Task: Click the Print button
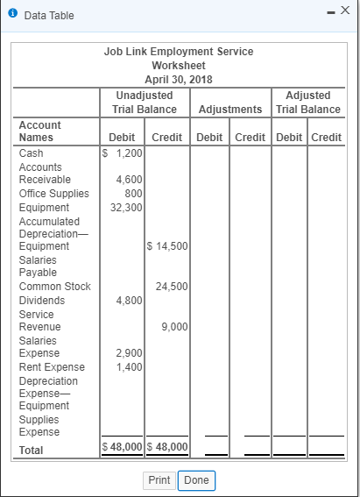[159, 480]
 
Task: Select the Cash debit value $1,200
[123, 153]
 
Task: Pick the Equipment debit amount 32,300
[127, 207]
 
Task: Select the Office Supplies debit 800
[133, 193]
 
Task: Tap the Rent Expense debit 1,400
[130, 366]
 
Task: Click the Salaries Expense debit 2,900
[130, 353]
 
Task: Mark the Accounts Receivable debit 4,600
[130, 180]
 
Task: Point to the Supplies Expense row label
[39, 425]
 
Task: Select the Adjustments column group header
[230, 110]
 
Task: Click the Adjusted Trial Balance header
[307, 102]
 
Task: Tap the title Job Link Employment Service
[179, 52]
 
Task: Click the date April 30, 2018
[179, 79]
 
